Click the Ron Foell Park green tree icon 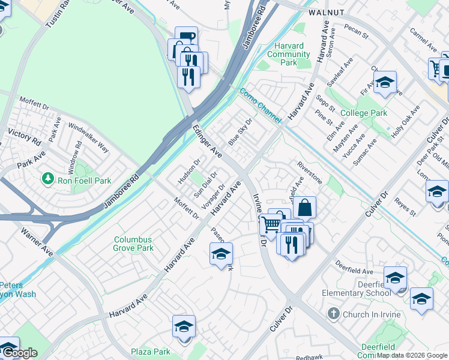point(48,179)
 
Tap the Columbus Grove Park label point(133,244)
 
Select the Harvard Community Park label point(289,54)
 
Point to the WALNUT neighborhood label point(327,12)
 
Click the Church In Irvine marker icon point(334,314)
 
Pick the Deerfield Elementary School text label point(357,289)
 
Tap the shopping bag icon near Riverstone point(304,208)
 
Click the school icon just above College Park point(384,83)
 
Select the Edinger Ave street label point(206,142)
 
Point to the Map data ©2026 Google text point(412,355)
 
